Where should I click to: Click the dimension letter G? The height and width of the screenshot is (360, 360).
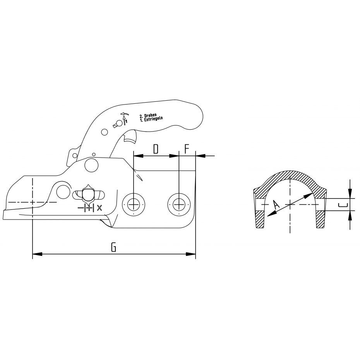[113, 247]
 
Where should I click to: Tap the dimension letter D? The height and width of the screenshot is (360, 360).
[156, 149]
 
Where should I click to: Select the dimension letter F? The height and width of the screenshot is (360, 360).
[187, 149]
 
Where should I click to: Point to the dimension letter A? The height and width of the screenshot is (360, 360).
[276, 204]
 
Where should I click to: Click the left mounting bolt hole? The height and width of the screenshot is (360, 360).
[134, 204]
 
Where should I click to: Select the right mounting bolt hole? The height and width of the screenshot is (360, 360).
[178, 204]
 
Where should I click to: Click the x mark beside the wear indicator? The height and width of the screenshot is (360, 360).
[99, 208]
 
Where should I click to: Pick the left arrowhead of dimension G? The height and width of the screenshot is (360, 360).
[38, 254]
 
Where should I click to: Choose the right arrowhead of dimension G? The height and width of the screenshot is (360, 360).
[190, 254]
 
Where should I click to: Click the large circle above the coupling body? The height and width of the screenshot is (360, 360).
[91, 165]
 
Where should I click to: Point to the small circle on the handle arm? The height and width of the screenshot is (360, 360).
[105, 132]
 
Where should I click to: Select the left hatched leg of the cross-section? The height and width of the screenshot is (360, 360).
[261, 219]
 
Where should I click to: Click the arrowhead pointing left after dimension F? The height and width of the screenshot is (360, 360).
[201, 156]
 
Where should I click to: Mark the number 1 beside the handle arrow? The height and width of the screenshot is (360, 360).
[126, 121]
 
